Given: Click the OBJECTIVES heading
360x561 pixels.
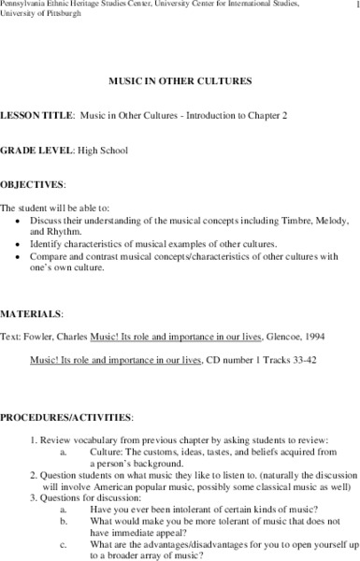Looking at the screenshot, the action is click(33, 184).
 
